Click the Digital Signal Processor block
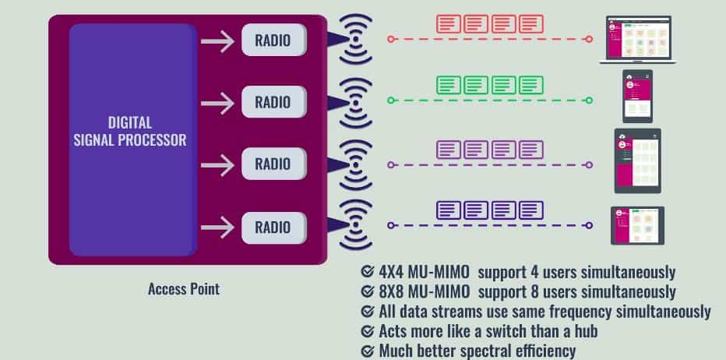pos(133,140)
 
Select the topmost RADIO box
pos(273,40)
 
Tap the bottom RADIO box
pos(273,228)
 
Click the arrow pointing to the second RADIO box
pos(217,103)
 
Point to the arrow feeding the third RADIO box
pos(217,165)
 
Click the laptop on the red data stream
pos(638,40)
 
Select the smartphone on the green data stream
pos(637,97)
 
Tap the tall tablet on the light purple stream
pos(637,161)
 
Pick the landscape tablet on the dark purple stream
pos(637,226)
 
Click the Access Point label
pos(184,289)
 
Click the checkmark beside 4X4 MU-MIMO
pos(367,271)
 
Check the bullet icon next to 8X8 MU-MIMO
pos(367,291)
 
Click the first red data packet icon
pos(449,24)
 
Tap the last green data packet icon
pos(531,85)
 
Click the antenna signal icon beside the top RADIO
pos(355,40)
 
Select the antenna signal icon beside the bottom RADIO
pos(355,225)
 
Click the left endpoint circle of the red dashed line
pos(391,40)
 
